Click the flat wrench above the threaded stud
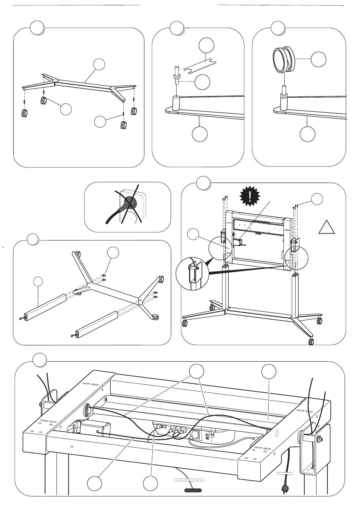pyautogui.click(x=199, y=67)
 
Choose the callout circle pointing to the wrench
pyautogui.click(x=206, y=45)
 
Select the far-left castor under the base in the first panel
pyautogui.click(x=25, y=113)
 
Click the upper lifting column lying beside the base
pyautogui.click(x=46, y=307)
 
